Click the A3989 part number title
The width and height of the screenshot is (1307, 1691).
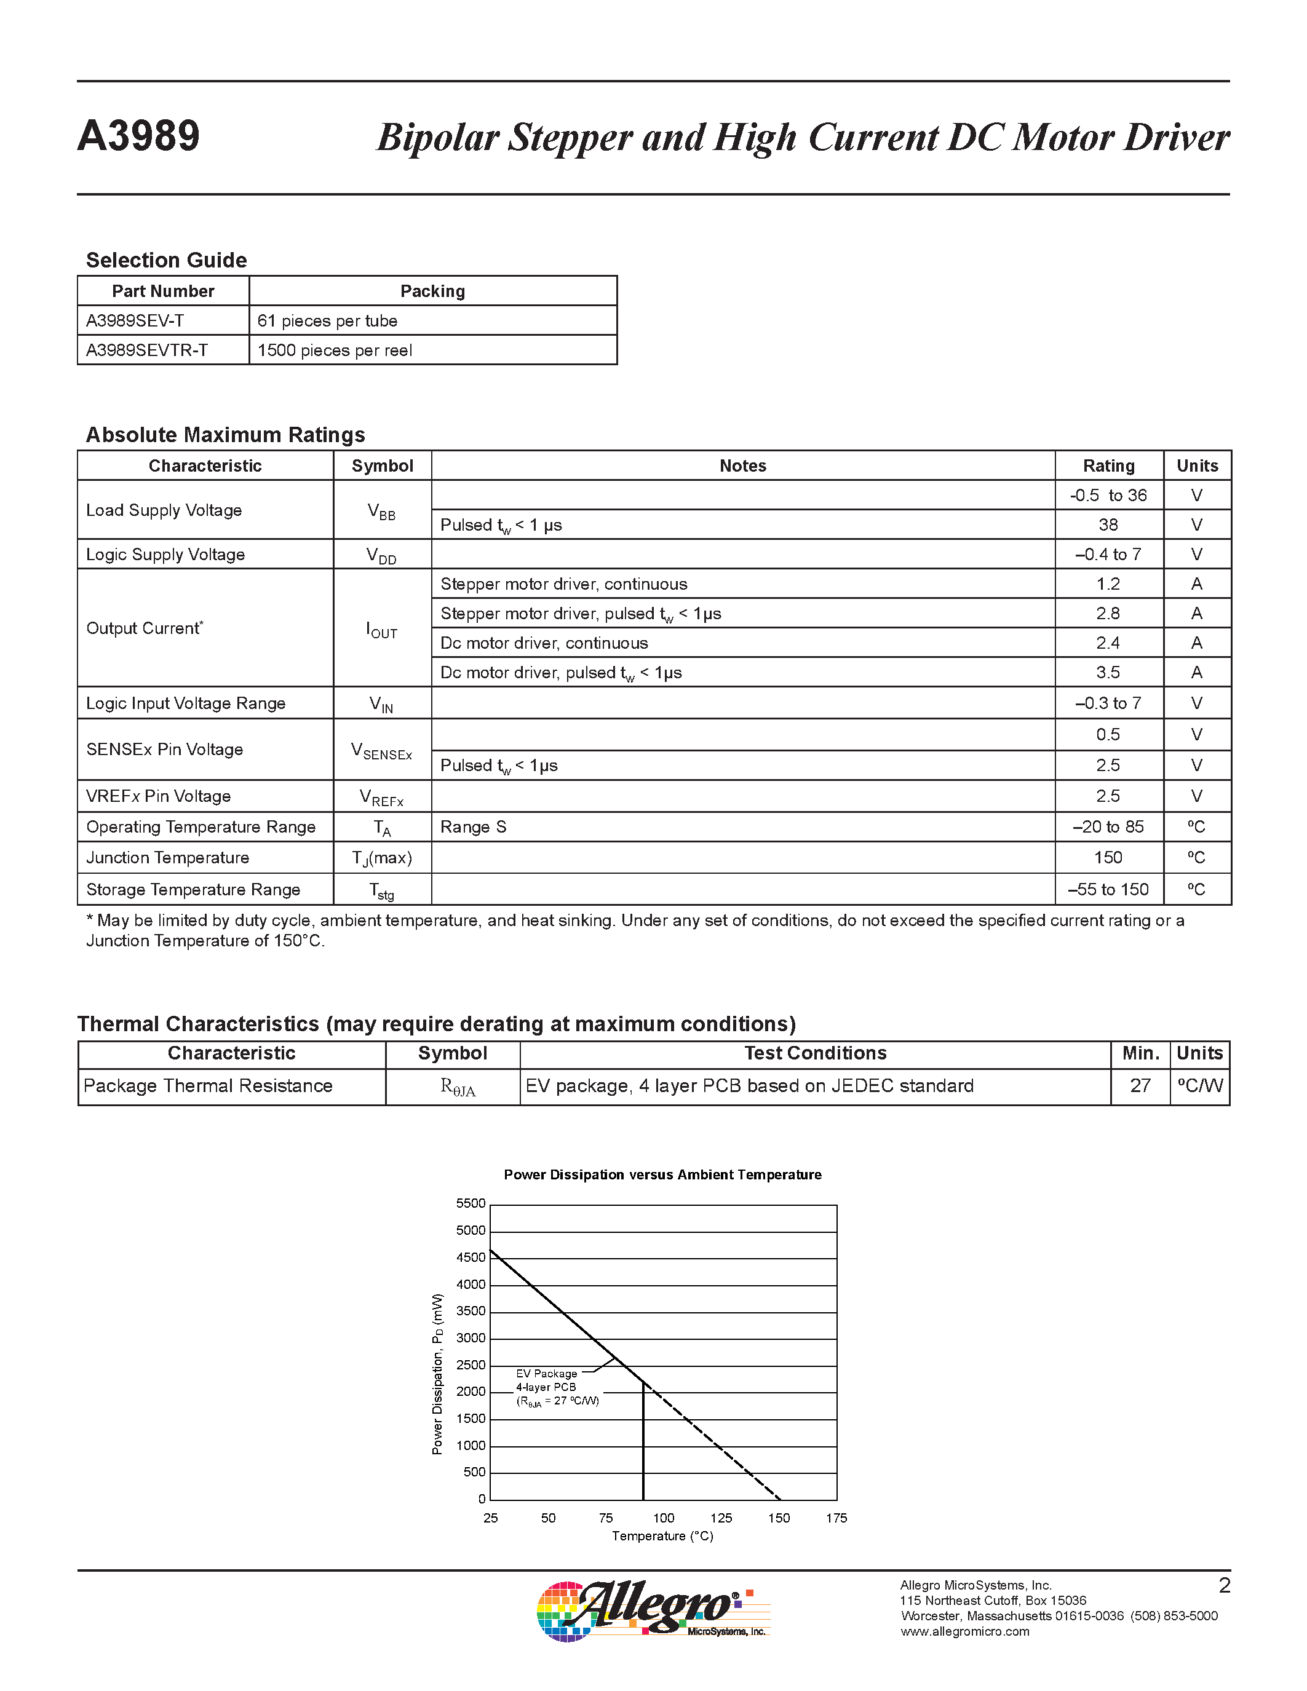click(x=138, y=137)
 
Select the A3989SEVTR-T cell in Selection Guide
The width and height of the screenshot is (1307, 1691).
click(x=147, y=350)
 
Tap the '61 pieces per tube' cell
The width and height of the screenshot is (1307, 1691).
click(x=328, y=320)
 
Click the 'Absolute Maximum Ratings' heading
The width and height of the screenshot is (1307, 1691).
click(x=225, y=435)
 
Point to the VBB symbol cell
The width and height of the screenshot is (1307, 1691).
click(x=382, y=511)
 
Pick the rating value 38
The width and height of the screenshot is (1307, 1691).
click(x=1108, y=525)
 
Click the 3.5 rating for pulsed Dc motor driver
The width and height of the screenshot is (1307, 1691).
click(x=1108, y=672)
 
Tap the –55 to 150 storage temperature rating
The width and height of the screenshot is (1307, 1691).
click(x=1108, y=890)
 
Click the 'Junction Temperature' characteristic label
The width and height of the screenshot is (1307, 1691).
click(x=167, y=858)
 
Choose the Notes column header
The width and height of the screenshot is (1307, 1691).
click(x=742, y=466)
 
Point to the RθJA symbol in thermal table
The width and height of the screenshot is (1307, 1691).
click(x=458, y=1087)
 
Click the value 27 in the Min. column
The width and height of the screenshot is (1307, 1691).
click(x=1140, y=1087)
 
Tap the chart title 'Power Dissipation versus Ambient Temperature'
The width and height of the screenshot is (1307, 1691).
click(x=662, y=1174)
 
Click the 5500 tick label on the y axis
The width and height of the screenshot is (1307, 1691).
click(x=471, y=1203)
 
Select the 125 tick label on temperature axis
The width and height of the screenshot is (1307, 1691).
click(x=721, y=1518)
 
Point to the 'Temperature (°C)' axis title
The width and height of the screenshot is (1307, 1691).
click(x=662, y=1536)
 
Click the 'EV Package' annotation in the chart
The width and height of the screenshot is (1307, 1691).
click(x=547, y=1374)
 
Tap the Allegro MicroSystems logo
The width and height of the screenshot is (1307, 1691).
click(x=653, y=1610)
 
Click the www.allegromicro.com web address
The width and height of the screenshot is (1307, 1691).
click(x=965, y=1631)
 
